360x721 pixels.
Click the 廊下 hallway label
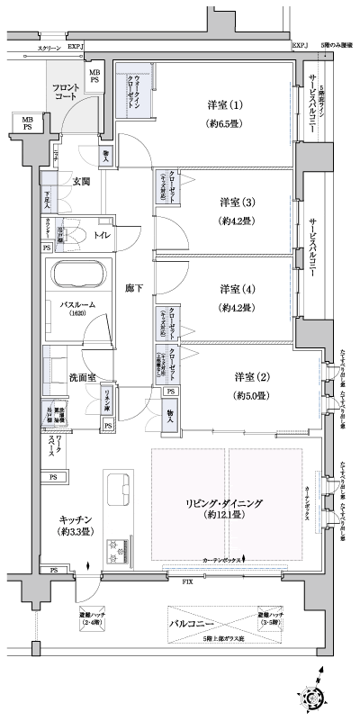click(134, 288)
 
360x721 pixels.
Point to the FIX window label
click(187, 583)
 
